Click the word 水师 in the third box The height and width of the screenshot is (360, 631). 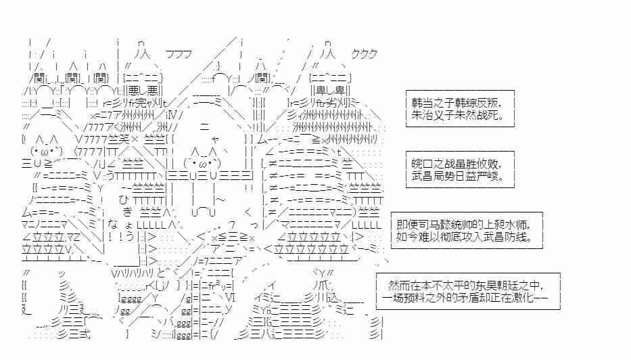528,224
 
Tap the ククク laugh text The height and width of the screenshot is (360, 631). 364,54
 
